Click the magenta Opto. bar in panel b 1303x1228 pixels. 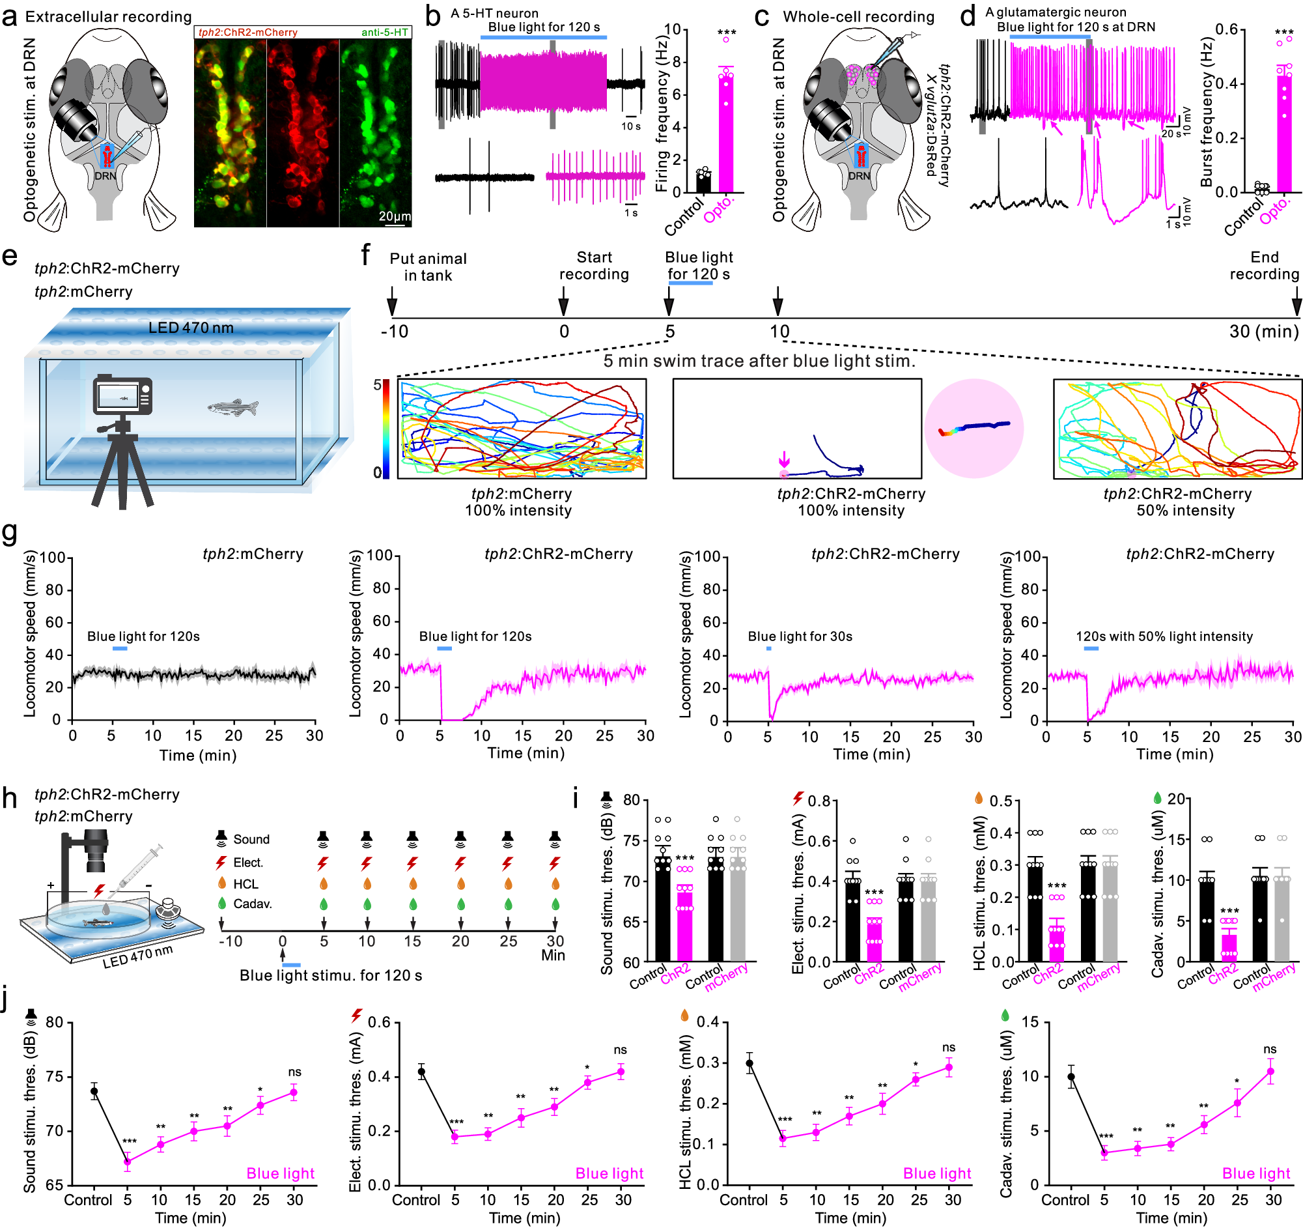[725, 131]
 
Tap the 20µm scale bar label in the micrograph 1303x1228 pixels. [395, 216]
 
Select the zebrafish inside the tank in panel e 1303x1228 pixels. [233, 408]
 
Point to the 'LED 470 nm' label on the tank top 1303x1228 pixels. [191, 327]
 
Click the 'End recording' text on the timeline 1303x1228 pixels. [1264, 266]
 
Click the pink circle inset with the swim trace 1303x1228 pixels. [974, 428]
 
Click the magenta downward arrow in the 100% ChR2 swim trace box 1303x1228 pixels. [784, 458]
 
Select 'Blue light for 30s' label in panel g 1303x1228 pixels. [800, 636]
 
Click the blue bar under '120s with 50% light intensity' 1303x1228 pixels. [1091, 648]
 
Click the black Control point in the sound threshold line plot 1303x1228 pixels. [94, 1092]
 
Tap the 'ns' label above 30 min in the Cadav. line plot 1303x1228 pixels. [1270, 1049]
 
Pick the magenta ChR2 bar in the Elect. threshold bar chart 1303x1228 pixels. [874, 939]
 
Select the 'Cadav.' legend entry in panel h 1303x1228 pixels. [252, 904]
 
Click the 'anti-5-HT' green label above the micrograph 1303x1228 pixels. [384, 32]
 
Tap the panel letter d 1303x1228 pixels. [968, 16]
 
